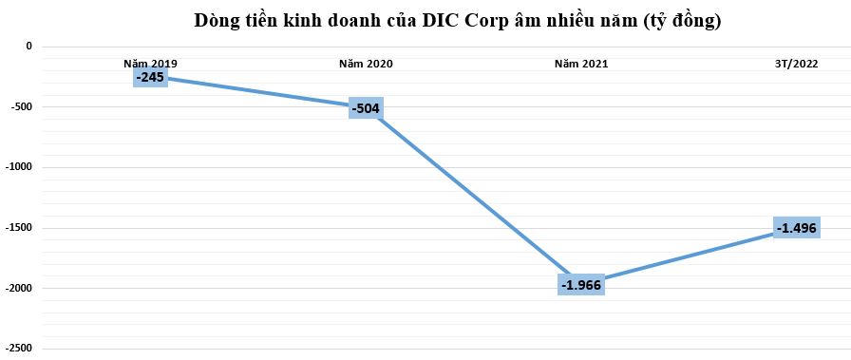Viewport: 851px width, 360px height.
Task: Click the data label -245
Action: pyautogui.click(x=150, y=77)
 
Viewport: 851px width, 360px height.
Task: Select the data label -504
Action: pyautogui.click(x=366, y=108)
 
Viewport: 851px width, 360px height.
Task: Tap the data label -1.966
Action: pyautogui.click(x=581, y=284)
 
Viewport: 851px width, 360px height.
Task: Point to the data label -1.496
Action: pyautogui.click(x=796, y=228)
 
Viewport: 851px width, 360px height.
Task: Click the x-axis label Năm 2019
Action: pyautogui.click(x=150, y=64)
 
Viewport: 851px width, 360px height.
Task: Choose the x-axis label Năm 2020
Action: pyautogui.click(x=366, y=64)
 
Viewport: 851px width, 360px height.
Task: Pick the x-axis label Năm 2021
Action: pyautogui.click(x=581, y=64)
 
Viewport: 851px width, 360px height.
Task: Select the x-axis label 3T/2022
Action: pyautogui.click(x=796, y=64)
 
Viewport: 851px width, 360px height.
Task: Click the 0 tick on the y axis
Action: pyautogui.click(x=28, y=46)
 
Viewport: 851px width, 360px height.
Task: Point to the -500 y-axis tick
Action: pyautogui.click(x=19, y=106)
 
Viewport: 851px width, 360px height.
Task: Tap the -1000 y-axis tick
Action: pyautogui.click(x=16, y=167)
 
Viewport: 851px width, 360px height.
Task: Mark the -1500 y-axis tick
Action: pyautogui.click(x=16, y=228)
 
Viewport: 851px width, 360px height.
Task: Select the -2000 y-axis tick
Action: pyautogui.click(x=16, y=288)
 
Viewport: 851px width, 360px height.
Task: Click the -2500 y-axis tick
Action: pyautogui.click(x=16, y=349)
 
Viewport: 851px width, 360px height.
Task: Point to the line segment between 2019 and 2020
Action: pyautogui.click(x=258, y=92)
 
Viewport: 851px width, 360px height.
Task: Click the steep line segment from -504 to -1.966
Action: pyautogui.click(x=473, y=196)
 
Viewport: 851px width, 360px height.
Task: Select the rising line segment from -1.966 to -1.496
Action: pyautogui.click(x=689, y=256)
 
